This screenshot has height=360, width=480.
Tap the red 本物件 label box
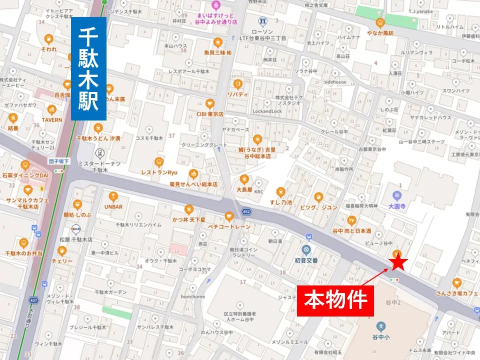[x=335, y=299]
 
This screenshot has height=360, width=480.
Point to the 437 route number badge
[x=34, y=300]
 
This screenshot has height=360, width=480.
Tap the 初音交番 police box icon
[x=305, y=249]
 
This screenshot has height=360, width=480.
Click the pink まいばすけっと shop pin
[x=216, y=6]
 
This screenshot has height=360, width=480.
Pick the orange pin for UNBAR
[x=113, y=195]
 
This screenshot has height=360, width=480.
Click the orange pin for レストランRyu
[x=159, y=161]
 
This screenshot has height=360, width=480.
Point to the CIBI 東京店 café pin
[x=209, y=103]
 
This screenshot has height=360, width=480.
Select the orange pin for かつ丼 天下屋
[x=188, y=209]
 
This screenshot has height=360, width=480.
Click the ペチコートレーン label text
[x=229, y=226]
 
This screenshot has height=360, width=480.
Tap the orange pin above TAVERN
[x=51, y=109]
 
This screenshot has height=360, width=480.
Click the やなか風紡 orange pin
[x=380, y=22]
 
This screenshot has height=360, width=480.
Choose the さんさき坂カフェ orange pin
[x=456, y=282]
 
